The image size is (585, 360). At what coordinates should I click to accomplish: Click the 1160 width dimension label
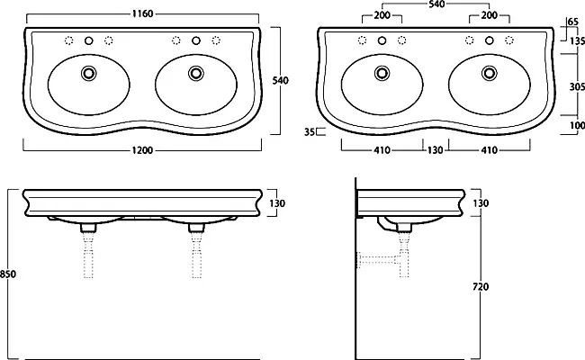tap(142, 13)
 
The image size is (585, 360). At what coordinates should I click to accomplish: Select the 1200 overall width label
tap(142, 150)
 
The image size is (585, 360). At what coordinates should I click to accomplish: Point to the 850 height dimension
tap(8, 274)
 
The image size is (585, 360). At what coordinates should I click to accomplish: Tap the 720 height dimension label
tap(481, 287)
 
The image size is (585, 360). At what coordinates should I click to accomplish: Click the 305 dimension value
tap(577, 86)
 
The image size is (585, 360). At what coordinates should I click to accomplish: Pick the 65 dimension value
tap(572, 22)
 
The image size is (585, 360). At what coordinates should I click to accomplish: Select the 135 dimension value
tap(577, 40)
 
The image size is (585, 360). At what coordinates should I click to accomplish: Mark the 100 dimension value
tap(577, 126)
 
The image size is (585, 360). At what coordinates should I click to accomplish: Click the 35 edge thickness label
tap(310, 132)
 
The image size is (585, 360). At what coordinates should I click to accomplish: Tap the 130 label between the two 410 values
tap(435, 150)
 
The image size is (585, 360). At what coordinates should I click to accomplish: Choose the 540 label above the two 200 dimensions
tap(436, 4)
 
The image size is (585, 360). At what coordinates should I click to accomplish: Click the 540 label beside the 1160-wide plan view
tap(280, 81)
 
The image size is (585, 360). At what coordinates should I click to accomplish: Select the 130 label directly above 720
tap(481, 203)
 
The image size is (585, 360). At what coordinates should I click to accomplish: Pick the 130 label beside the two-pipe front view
tap(277, 203)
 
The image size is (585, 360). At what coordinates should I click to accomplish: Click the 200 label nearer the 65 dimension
tap(489, 15)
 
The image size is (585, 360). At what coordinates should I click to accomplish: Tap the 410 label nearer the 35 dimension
tap(382, 150)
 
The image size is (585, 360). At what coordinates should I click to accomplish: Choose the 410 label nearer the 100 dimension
tap(489, 150)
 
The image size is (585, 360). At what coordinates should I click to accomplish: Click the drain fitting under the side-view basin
tap(404, 227)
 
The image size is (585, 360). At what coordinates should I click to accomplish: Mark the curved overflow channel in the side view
tap(385, 225)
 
